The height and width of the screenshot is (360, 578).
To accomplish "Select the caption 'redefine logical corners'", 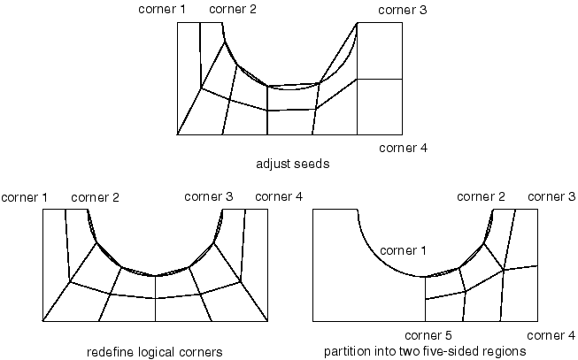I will point(154,351).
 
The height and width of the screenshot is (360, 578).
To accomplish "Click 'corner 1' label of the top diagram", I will point(162,10).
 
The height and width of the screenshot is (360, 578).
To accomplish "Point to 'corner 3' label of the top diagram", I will point(403,10).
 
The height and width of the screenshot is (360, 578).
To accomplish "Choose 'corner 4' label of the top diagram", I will point(403,147).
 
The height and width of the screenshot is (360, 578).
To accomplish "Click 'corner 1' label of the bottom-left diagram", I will point(25,195).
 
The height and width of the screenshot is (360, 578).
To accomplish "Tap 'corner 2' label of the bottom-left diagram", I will point(95,195).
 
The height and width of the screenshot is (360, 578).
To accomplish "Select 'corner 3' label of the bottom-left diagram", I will point(209,195).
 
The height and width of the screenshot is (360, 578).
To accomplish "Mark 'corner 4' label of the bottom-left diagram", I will point(279,195).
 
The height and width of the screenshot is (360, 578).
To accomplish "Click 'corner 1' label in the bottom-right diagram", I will point(405,251).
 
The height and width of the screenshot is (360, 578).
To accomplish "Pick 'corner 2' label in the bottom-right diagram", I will point(482,195).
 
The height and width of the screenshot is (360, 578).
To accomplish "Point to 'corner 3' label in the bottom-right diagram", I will point(551,195).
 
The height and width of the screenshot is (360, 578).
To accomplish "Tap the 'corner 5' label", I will point(428,335).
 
